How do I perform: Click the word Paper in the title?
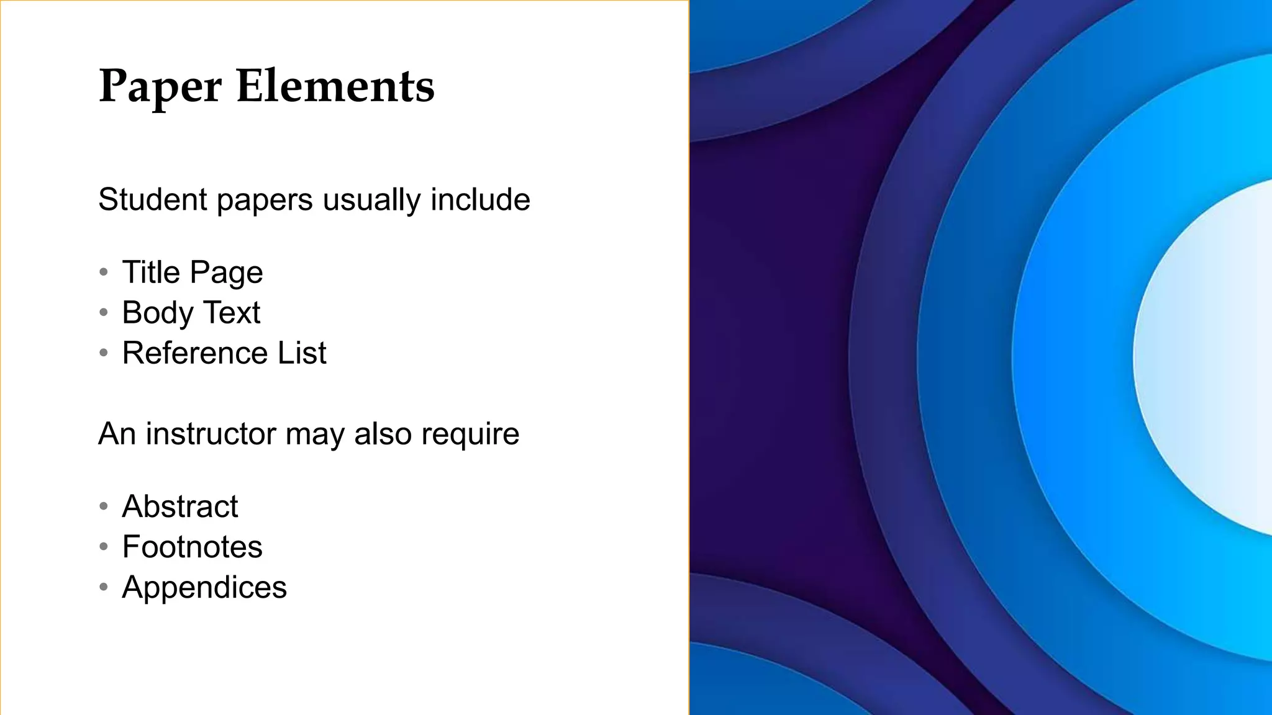tap(160, 86)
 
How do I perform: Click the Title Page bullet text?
tap(193, 272)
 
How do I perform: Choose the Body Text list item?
tap(191, 312)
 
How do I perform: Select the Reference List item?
tap(224, 353)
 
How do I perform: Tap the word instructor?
tap(211, 434)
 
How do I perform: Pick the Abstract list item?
tap(180, 506)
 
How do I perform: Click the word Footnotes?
tap(192, 547)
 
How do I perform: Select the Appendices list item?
tap(204, 587)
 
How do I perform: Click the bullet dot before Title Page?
tap(104, 272)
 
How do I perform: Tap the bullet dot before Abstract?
tap(104, 506)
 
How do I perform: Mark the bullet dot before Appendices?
tap(104, 587)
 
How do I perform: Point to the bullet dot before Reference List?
tap(104, 353)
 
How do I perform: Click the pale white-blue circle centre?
tap(1217, 357)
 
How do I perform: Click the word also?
tap(383, 434)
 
